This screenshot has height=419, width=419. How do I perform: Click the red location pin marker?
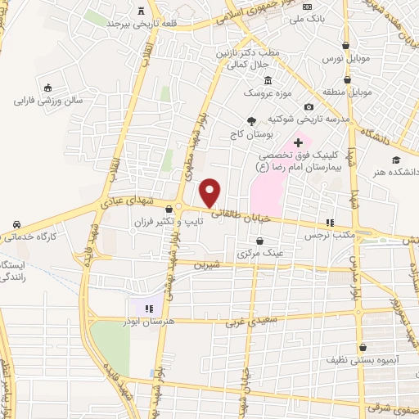211,192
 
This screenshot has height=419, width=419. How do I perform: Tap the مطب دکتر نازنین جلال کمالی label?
249,56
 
